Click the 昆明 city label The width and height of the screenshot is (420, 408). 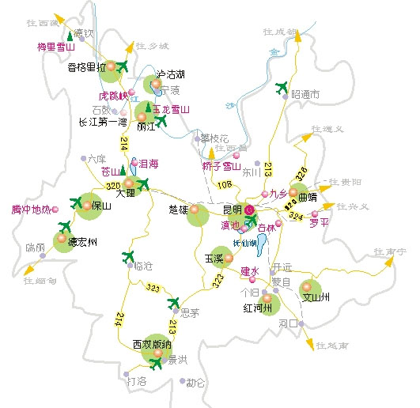click(233, 210)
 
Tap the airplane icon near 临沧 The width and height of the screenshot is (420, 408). click(130, 256)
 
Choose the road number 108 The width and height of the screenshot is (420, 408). click(224, 185)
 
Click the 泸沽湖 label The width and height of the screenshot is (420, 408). click(170, 74)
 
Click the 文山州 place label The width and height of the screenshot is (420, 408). click(316, 298)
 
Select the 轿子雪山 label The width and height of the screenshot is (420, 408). click(221, 166)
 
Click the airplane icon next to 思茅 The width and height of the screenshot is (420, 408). click(175, 302)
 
